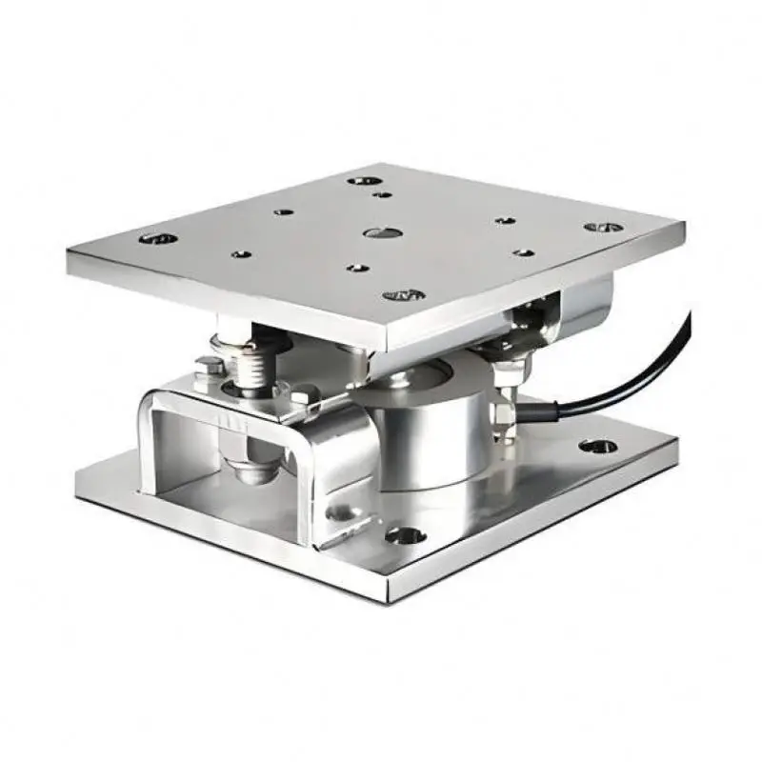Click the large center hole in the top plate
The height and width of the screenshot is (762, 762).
tap(381, 232)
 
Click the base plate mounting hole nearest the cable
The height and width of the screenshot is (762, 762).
tap(597, 445)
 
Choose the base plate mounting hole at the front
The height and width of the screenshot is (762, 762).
tap(407, 535)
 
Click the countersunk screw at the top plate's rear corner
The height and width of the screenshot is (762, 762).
tap(363, 179)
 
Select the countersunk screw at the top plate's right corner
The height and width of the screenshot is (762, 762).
tap(603, 228)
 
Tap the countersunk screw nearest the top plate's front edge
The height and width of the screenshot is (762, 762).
tap(404, 294)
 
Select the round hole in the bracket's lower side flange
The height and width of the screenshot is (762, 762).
tap(335, 513)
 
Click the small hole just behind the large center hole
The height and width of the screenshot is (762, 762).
tap(382, 194)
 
